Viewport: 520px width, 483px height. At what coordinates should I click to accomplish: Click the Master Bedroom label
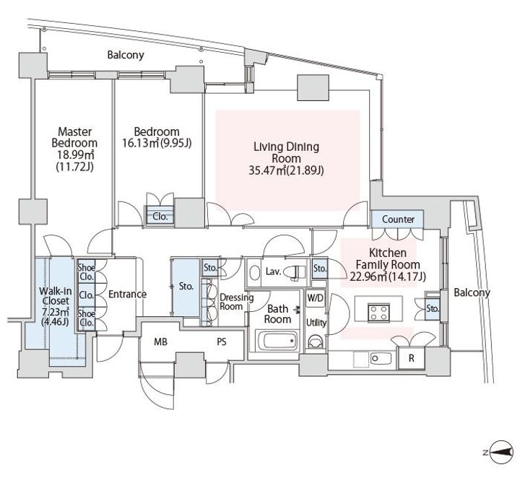click(74, 137)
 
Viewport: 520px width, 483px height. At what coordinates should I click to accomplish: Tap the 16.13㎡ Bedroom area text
click(157, 143)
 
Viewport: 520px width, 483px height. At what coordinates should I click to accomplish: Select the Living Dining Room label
click(286, 152)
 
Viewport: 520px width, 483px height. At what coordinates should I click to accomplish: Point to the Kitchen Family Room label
click(388, 259)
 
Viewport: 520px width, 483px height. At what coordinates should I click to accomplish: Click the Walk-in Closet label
click(55, 296)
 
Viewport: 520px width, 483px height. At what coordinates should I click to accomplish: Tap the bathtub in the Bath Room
click(277, 341)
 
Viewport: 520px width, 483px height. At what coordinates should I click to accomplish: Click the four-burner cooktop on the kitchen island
click(378, 313)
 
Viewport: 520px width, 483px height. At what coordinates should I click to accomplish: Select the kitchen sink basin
click(381, 358)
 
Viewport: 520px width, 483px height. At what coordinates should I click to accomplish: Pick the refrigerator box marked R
click(412, 358)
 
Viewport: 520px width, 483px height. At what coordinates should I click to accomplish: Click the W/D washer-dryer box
click(315, 298)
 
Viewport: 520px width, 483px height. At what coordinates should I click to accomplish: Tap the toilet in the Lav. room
click(297, 272)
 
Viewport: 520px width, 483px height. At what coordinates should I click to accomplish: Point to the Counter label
click(398, 219)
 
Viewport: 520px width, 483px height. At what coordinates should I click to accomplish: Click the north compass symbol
click(500, 452)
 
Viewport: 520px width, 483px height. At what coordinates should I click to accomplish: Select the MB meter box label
click(161, 341)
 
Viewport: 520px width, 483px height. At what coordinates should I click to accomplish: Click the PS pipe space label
click(222, 341)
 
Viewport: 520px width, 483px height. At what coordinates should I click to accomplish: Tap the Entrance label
click(127, 294)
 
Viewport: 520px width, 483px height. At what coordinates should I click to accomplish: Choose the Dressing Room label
click(236, 302)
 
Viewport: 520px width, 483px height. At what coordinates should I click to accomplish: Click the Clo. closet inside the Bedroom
click(160, 217)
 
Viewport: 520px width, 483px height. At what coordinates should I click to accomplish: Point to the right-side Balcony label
click(472, 293)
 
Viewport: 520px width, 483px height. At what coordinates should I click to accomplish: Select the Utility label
click(316, 323)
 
